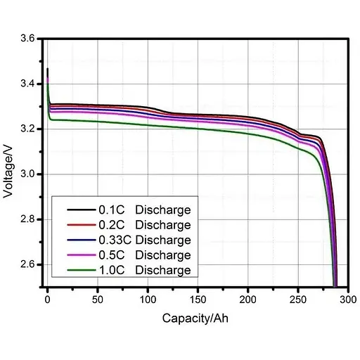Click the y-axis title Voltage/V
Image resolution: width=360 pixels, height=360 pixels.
[9, 164]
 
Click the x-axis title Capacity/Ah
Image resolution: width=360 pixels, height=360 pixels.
[195, 318]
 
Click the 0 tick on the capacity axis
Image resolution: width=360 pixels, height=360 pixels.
[47, 299]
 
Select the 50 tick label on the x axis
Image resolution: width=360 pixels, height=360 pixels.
[97, 299]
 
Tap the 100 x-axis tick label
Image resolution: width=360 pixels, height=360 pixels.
[147, 299]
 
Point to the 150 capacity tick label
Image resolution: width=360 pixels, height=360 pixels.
[198, 299]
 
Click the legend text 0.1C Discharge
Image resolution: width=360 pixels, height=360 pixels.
[144, 210]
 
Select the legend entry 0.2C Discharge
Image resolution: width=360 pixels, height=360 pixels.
[144, 225]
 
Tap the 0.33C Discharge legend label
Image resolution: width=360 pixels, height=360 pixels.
[144, 240]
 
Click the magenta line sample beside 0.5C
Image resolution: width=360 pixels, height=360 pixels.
[79, 255]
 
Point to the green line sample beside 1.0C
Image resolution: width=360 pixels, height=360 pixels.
[79, 270]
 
